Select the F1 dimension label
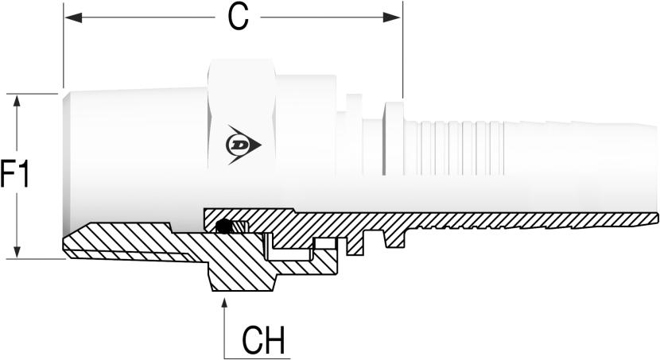click(15, 174)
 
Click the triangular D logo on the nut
click(243, 145)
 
